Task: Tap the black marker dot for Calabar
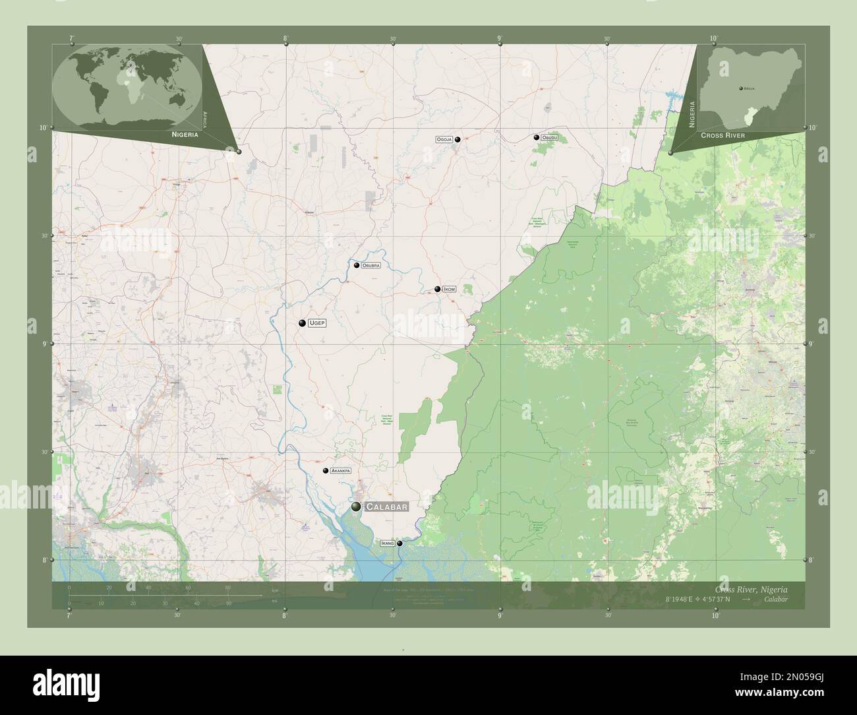(357, 507)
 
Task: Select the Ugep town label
(317, 323)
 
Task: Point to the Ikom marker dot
(437, 289)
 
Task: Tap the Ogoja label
(444, 140)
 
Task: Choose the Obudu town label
(550, 138)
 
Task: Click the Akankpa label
(340, 471)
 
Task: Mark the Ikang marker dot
(399, 544)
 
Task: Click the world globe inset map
(127, 86)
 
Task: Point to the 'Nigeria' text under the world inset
(185, 134)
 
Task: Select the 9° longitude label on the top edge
(500, 39)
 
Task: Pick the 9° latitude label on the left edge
(44, 344)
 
